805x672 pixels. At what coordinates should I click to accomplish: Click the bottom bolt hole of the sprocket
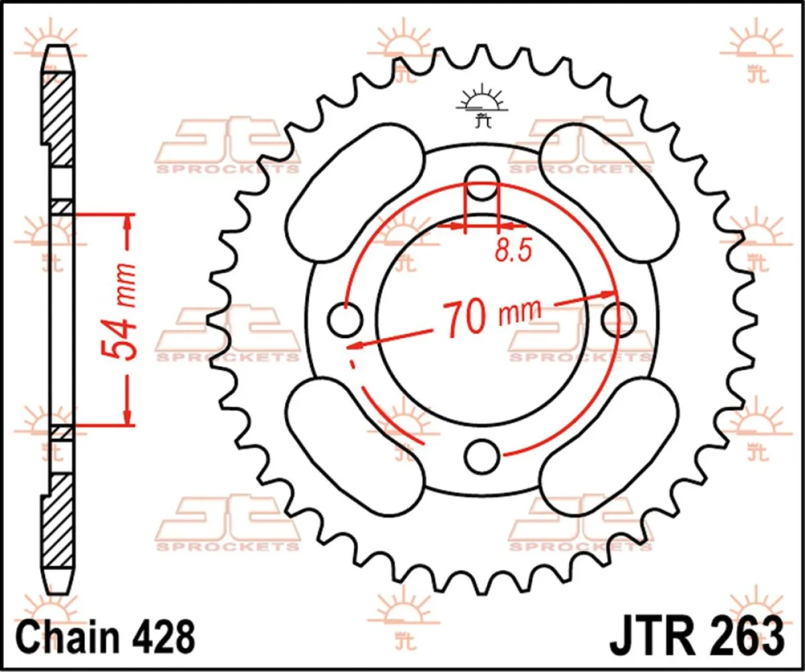[x=481, y=456]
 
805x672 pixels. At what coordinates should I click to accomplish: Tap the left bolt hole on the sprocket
[x=345, y=319]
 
